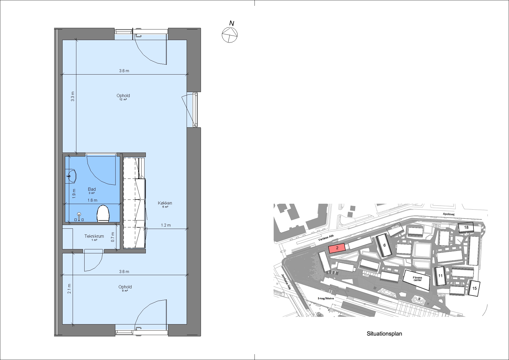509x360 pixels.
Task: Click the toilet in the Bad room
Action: pyautogui.click(x=103, y=213)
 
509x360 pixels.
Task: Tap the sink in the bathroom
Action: pyautogui.click(x=71, y=176)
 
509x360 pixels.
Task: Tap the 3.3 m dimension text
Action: pyautogui.click(x=73, y=97)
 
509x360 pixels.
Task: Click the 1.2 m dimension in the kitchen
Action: pyautogui.click(x=166, y=225)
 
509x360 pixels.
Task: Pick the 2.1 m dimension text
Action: pyautogui.click(x=69, y=289)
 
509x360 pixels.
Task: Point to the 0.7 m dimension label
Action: pyautogui.click(x=113, y=237)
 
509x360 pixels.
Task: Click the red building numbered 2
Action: pyautogui.click(x=337, y=248)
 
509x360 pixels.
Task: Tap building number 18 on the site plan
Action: pyautogui.click(x=466, y=227)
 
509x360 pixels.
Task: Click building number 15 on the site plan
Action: pyautogui.click(x=474, y=288)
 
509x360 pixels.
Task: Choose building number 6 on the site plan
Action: pyautogui.click(x=384, y=245)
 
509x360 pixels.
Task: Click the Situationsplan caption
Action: pyautogui.click(x=384, y=334)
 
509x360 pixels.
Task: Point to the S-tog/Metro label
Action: pyautogui.click(x=326, y=298)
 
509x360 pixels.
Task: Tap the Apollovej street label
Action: pyautogui.click(x=449, y=214)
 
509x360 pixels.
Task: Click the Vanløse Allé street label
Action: pyautogui.click(x=326, y=238)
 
